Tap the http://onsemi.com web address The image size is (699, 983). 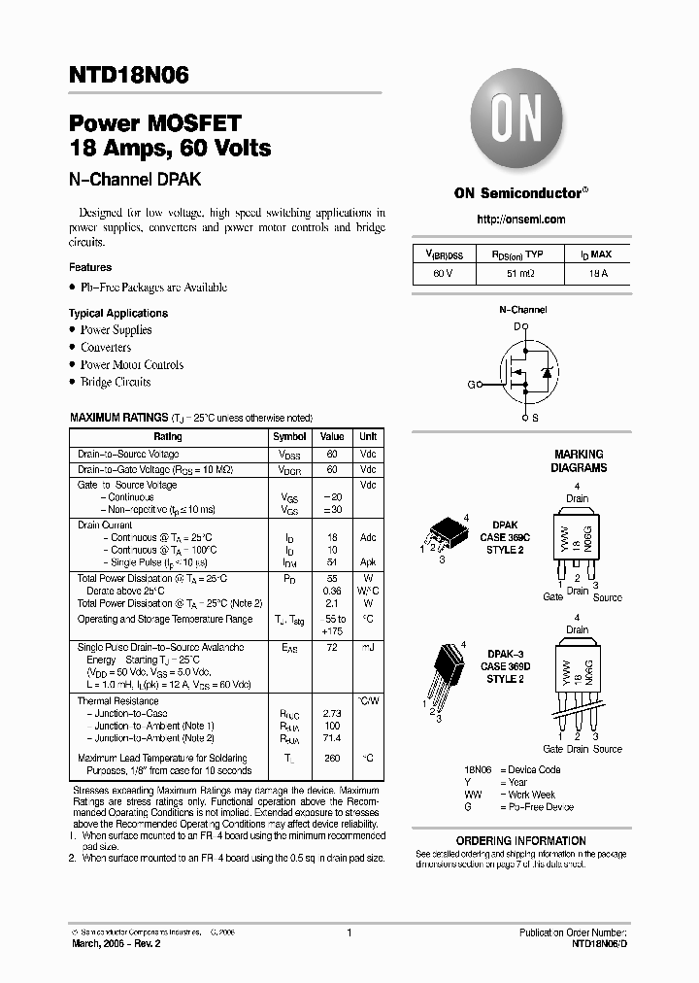pyautogui.click(x=521, y=220)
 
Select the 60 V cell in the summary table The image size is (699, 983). pyautogui.click(x=445, y=274)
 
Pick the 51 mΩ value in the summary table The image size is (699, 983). pyautogui.click(x=520, y=274)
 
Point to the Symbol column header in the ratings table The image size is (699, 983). pyautogui.click(x=289, y=437)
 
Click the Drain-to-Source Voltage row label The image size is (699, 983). pyautogui.click(x=128, y=454)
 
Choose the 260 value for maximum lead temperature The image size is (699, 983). pyautogui.click(x=332, y=758)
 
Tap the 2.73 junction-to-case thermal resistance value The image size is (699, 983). pyautogui.click(x=332, y=713)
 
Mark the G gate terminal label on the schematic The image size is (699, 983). pyautogui.click(x=471, y=385)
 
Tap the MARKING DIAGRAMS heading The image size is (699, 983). pyautogui.click(x=579, y=460)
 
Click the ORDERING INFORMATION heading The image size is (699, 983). pyautogui.click(x=521, y=841)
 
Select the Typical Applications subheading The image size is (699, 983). pyautogui.click(x=117, y=313)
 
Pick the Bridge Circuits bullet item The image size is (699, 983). pyautogui.click(x=115, y=382)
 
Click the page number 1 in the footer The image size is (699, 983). pyautogui.click(x=349, y=932)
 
